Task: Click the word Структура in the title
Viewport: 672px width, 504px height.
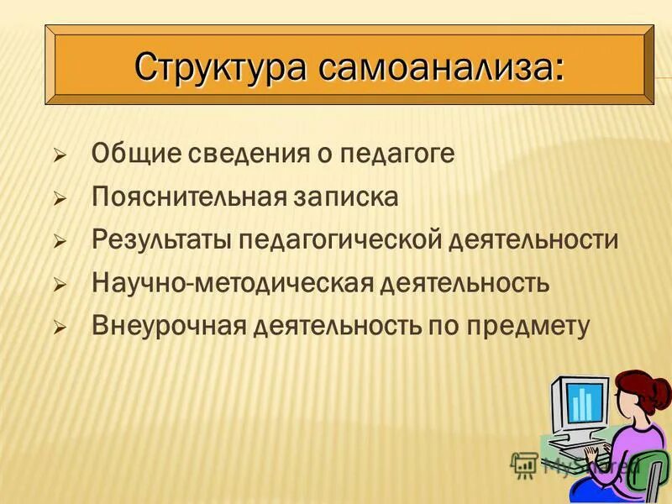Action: point(221,66)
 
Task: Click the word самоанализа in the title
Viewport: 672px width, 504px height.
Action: point(441,66)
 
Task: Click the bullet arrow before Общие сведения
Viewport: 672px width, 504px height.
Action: point(60,155)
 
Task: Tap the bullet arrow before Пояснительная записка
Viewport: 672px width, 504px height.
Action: point(60,199)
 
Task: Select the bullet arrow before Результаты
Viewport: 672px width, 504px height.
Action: point(60,242)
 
